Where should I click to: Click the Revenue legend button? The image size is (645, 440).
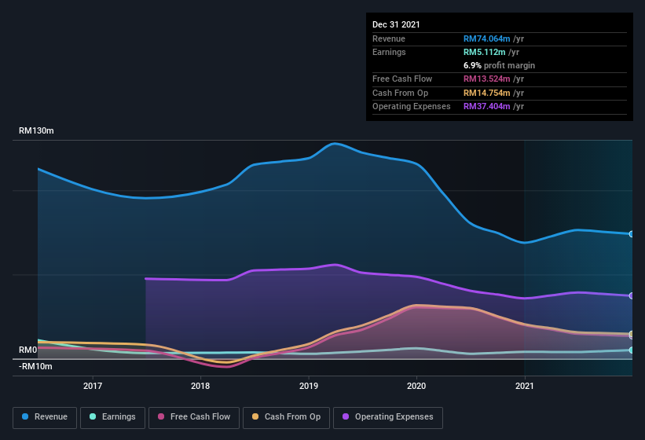click(45, 417)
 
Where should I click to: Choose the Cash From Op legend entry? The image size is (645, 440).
click(286, 417)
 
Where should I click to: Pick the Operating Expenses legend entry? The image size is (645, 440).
click(388, 417)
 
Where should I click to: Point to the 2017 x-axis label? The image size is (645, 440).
click(93, 386)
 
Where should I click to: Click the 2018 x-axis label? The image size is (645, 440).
click(200, 386)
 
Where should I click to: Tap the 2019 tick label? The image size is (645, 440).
click(309, 386)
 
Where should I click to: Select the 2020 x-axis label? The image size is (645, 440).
click(416, 386)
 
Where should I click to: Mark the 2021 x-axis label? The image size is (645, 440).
click(524, 386)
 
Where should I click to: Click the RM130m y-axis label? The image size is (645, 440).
click(36, 131)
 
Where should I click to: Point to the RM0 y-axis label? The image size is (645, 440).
click(28, 350)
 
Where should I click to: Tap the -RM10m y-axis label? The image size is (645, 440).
click(35, 366)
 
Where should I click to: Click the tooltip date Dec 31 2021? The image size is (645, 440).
click(396, 24)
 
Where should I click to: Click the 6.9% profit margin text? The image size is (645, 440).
click(499, 65)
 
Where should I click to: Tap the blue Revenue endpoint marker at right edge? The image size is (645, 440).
click(632, 234)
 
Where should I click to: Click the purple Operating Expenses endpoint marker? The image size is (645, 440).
click(632, 295)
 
